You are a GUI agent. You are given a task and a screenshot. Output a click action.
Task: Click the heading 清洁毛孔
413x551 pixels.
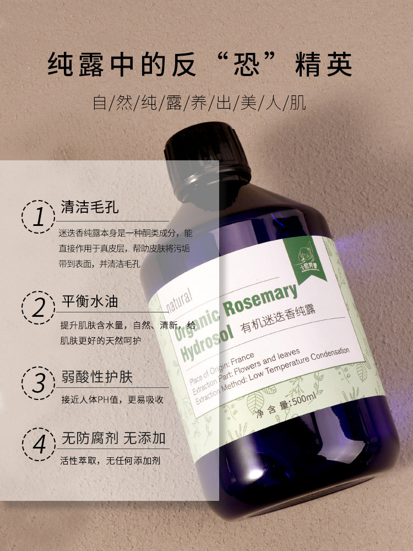tap(89, 209)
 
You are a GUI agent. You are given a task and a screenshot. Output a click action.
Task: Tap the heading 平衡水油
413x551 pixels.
tap(89, 302)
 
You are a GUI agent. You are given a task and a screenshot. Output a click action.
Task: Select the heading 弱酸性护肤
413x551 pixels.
tap(96, 377)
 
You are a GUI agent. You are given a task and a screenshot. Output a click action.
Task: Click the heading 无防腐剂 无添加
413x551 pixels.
tap(113, 439)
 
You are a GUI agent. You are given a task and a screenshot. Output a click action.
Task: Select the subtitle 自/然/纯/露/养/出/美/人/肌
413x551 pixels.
tap(199, 102)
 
